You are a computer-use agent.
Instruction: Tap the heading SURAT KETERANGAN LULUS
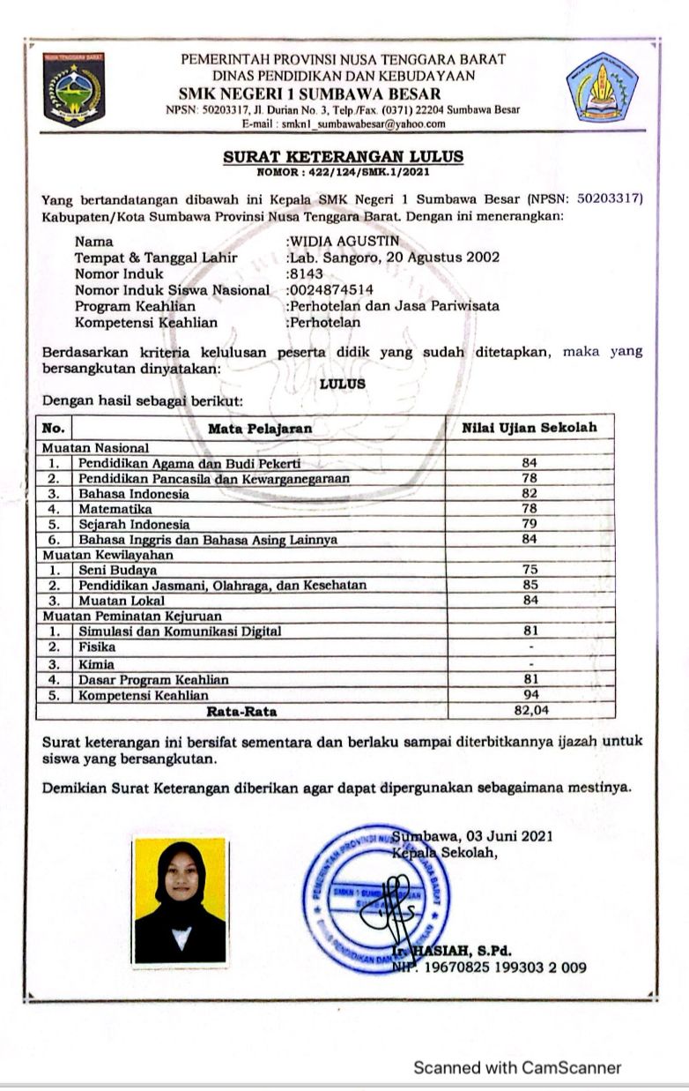point(344,157)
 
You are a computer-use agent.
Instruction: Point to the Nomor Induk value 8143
point(307,273)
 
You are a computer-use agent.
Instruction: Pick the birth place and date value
point(394,258)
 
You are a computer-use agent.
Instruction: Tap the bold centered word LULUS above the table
point(343,385)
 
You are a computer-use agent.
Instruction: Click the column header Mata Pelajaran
point(260,429)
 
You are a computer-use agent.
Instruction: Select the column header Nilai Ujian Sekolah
point(530,428)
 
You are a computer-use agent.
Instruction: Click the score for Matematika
point(529,509)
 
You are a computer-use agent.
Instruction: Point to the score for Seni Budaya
point(529,570)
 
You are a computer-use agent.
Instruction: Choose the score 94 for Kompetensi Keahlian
point(529,695)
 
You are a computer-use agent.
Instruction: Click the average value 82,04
point(530,709)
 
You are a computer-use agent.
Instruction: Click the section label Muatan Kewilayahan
point(108,555)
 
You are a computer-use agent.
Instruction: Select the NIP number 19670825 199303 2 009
point(498,968)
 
